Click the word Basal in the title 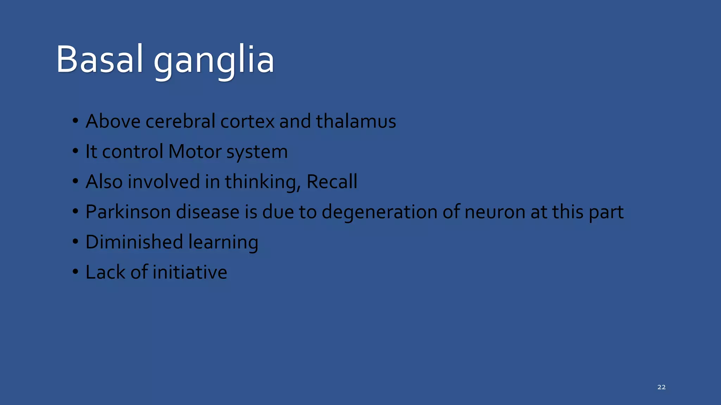pyautogui.click(x=100, y=60)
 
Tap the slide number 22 pyautogui.click(x=661, y=387)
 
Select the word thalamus pyautogui.click(x=356, y=121)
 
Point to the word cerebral pyautogui.click(x=180, y=121)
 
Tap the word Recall pyautogui.click(x=332, y=182)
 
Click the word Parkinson pyautogui.click(x=128, y=212)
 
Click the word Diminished pyautogui.click(x=134, y=242)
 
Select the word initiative pyautogui.click(x=190, y=272)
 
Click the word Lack pyautogui.click(x=106, y=272)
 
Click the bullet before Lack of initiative pyautogui.click(x=75, y=272)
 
